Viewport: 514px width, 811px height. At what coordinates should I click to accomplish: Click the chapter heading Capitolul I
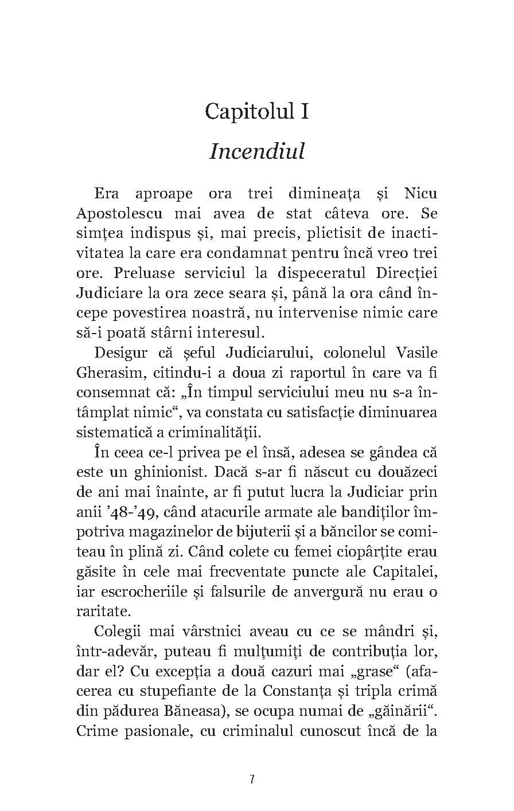tap(256, 110)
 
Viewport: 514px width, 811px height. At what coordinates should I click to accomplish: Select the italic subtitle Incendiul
tap(256, 151)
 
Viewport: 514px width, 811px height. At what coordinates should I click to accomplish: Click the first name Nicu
tap(417, 193)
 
